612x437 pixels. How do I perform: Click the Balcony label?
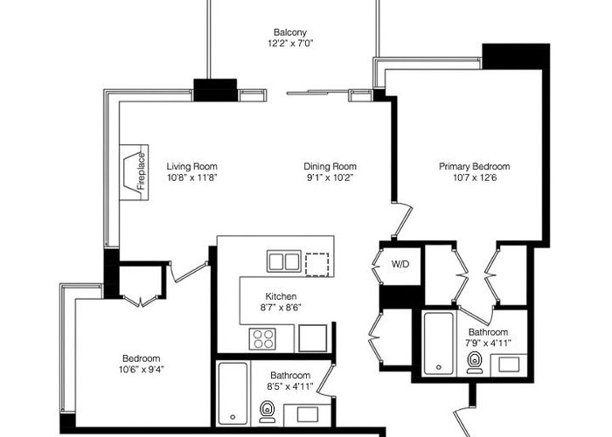(290, 32)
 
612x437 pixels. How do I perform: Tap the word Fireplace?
(141, 171)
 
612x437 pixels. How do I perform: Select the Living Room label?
(192, 167)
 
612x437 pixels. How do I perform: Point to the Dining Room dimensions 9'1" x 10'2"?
(330, 178)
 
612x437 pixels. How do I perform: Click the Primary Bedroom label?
(475, 167)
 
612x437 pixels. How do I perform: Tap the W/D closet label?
(400, 264)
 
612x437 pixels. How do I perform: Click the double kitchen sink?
(284, 261)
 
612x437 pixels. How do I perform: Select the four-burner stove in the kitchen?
(262, 339)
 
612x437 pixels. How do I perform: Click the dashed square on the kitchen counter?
(316, 265)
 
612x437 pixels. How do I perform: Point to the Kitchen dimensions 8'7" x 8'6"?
(281, 308)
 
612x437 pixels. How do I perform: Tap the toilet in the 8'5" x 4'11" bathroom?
(268, 412)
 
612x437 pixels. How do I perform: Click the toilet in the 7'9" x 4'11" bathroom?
(475, 363)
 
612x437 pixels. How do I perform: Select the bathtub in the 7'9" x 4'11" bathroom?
(439, 343)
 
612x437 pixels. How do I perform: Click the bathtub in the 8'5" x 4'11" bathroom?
(233, 393)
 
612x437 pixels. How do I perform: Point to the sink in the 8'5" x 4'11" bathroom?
(308, 414)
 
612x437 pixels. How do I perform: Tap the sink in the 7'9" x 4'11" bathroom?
(510, 364)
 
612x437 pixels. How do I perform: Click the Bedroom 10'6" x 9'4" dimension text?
(142, 369)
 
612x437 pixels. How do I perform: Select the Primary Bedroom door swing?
(402, 220)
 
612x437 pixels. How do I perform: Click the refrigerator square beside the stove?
(313, 338)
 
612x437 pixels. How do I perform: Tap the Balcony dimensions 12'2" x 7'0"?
(290, 43)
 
